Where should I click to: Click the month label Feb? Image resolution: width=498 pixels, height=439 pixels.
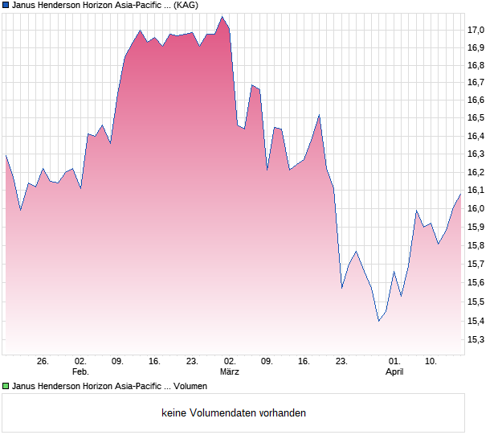pyautogui.click(x=80, y=372)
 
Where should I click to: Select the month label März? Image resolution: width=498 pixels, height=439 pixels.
pyautogui.click(x=230, y=372)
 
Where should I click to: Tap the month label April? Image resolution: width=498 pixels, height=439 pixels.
pyautogui.click(x=394, y=372)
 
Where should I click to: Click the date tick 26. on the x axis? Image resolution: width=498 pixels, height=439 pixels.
pyautogui.click(x=43, y=362)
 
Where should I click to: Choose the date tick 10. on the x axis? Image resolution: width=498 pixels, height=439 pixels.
pyautogui.click(x=431, y=362)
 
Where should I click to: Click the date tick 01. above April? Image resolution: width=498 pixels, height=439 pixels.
pyautogui.click(x=394, y=362)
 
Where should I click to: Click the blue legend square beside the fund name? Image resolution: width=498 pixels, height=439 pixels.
pyautogui.click(x=6, y=5)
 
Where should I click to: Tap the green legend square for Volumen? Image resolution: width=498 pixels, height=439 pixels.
pyautogui.click(x=6, y=387)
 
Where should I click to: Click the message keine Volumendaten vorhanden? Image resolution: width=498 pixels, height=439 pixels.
pyautogui.click(x=234, y=413)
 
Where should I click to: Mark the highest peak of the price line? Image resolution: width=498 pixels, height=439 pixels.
pyautogui.click(x=222, y=16)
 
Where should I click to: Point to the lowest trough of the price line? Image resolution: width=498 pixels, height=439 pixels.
pyautogui.click(x=378, y=321)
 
